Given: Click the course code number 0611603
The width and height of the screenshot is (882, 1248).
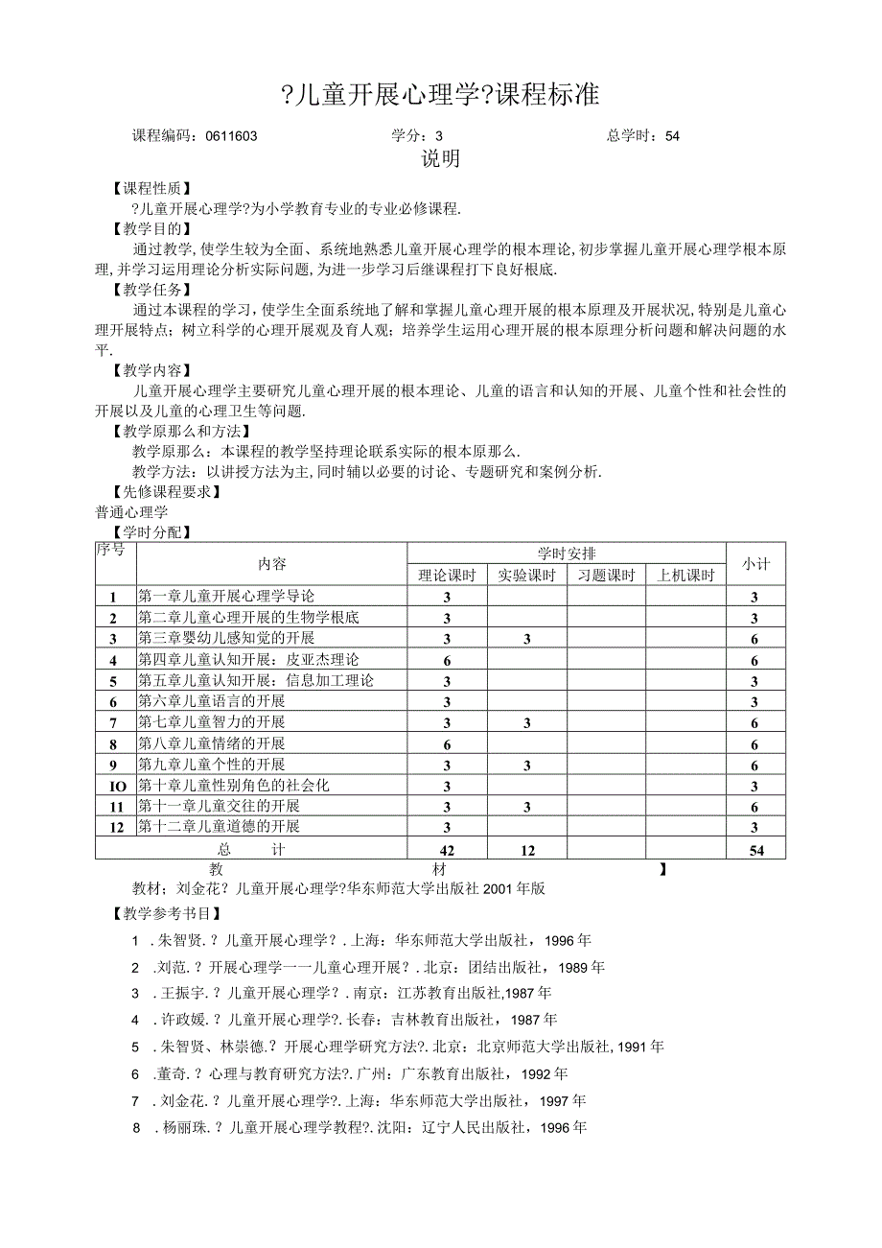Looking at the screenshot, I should click(x=231, y=136).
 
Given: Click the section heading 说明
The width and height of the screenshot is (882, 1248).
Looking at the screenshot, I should click(x=441, y=159).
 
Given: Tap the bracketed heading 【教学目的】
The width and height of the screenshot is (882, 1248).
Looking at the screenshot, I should click(x=151, y=229).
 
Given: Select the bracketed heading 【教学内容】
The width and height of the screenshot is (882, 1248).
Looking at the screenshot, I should click(x=151, y=369).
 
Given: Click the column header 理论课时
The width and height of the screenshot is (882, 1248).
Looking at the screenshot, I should click(x=447, y=576).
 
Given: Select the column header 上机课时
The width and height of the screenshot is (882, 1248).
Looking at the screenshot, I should click(x=685, y=576).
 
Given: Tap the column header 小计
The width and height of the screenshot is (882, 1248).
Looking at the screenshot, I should click(x=755, y=564).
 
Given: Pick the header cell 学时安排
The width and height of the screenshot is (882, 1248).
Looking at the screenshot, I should click(x=566, y=553).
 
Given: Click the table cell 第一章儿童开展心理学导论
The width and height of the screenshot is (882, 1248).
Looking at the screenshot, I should click(x=226, y=597).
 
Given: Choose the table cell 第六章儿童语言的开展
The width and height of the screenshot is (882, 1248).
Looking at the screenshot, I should click(x=212, y=701).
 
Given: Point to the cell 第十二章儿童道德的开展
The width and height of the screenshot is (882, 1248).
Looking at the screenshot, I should click(x=220, y=826).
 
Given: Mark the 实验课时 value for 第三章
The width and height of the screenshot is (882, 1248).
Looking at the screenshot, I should click(x=527, y=639).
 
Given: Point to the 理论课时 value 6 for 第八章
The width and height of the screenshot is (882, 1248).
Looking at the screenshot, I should click(x=447, y=743).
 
